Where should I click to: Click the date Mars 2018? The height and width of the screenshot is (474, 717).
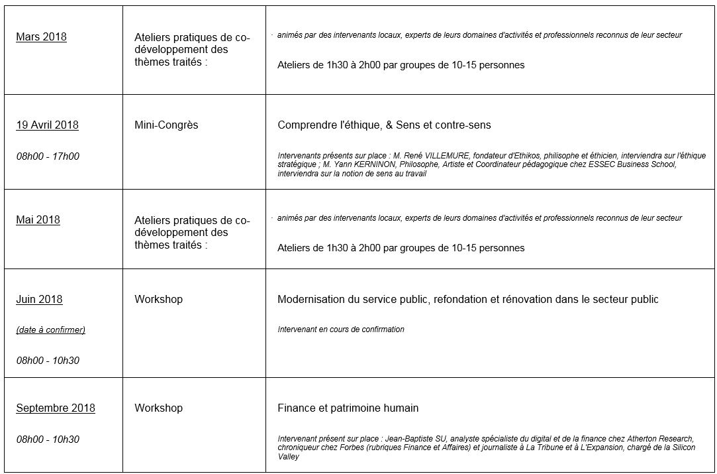[x=41, y=37]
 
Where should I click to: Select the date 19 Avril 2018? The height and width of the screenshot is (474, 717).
[x=47, y=125]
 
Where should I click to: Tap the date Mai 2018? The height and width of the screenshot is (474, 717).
[x=38, y=219]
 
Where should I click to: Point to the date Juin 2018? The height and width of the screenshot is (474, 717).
[x=39, y=299]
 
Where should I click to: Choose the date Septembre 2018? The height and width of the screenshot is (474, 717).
[x=56, y=408]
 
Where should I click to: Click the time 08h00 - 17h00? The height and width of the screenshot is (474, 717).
[x=47, y=156]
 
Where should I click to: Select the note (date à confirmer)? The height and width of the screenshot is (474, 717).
[x=50, y=329]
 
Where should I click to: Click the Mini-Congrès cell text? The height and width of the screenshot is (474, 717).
[x=166, y=125]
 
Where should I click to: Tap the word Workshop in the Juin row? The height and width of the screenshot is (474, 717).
[x=158, y=299]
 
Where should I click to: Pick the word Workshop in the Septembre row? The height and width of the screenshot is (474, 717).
[x=158, y=408]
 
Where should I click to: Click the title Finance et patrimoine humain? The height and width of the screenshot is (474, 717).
[x=348, y=408]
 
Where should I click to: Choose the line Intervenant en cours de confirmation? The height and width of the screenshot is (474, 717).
[x=340, y=329]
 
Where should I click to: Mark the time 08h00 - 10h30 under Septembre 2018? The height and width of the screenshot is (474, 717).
[x=47, y=439]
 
